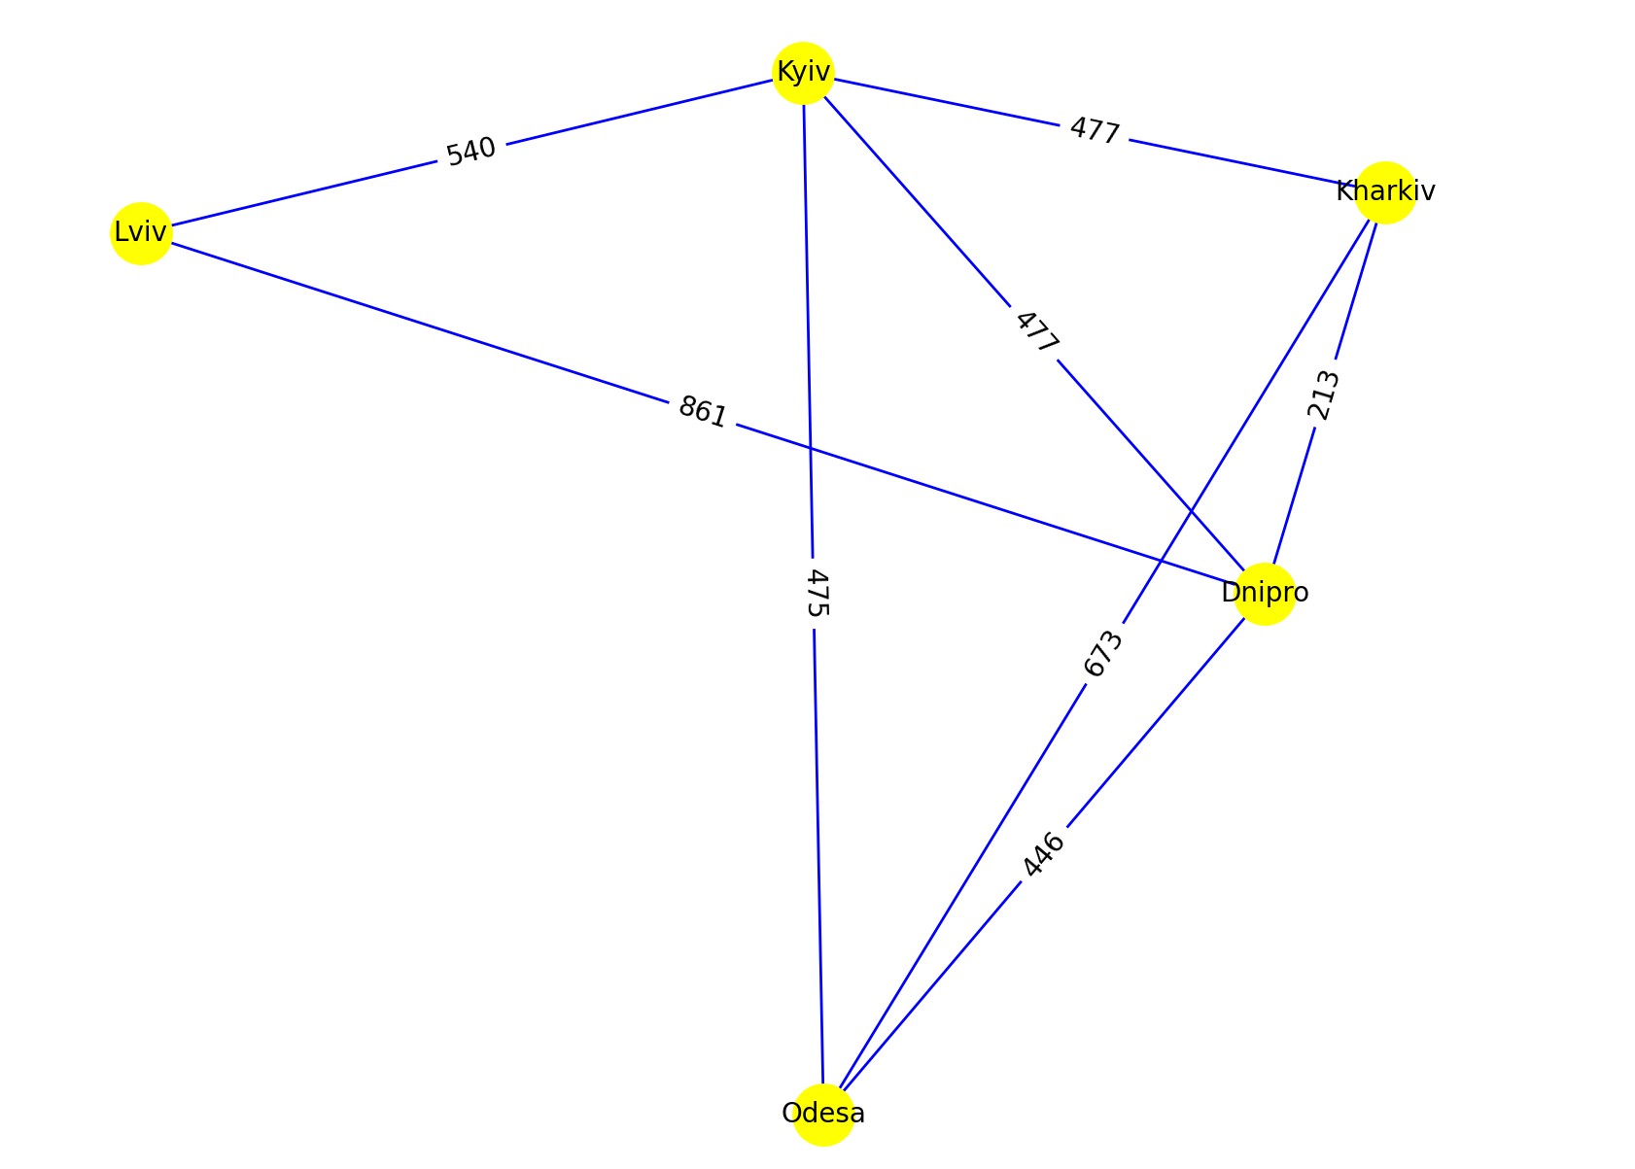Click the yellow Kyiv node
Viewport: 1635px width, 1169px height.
tap(803, 72)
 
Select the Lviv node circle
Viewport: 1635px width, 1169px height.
tap(141, 233)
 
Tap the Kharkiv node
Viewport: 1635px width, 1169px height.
tap(1384, 192)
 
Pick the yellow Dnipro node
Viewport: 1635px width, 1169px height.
tap(1265, 593)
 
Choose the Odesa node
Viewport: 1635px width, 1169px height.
tap(823, 1114)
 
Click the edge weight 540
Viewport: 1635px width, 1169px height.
tap(471, 152)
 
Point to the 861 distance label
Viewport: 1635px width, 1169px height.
tap(702, 412)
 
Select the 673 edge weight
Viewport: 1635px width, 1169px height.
tap(1103, 654)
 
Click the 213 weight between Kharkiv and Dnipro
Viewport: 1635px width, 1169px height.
tap(1324, 395)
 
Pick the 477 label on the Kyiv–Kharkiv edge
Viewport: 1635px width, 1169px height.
tap(1095, 130)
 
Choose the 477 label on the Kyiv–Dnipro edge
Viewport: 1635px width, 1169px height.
tap(1036, 332)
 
